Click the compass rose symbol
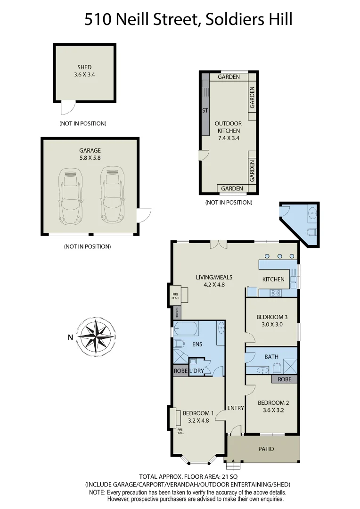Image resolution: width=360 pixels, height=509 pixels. click(96, 337)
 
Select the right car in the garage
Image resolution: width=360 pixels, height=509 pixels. click(111, 195)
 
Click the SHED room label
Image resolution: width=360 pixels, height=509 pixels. click(84, 67)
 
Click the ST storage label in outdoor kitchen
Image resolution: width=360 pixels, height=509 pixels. click(205, 110)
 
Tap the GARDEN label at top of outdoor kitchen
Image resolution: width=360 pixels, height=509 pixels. click(229, 77)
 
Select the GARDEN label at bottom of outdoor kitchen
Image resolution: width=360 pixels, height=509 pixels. click(232, 189)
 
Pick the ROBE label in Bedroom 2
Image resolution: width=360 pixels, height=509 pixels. click(284, 379)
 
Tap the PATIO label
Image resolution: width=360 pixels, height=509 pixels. click(266, 449)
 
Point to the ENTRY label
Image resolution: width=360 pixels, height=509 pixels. click(236, 408)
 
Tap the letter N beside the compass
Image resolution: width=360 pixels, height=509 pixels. click(70, 337)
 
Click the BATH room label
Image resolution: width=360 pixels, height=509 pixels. click(271, 357)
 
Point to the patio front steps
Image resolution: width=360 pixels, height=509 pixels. click(232, 466)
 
